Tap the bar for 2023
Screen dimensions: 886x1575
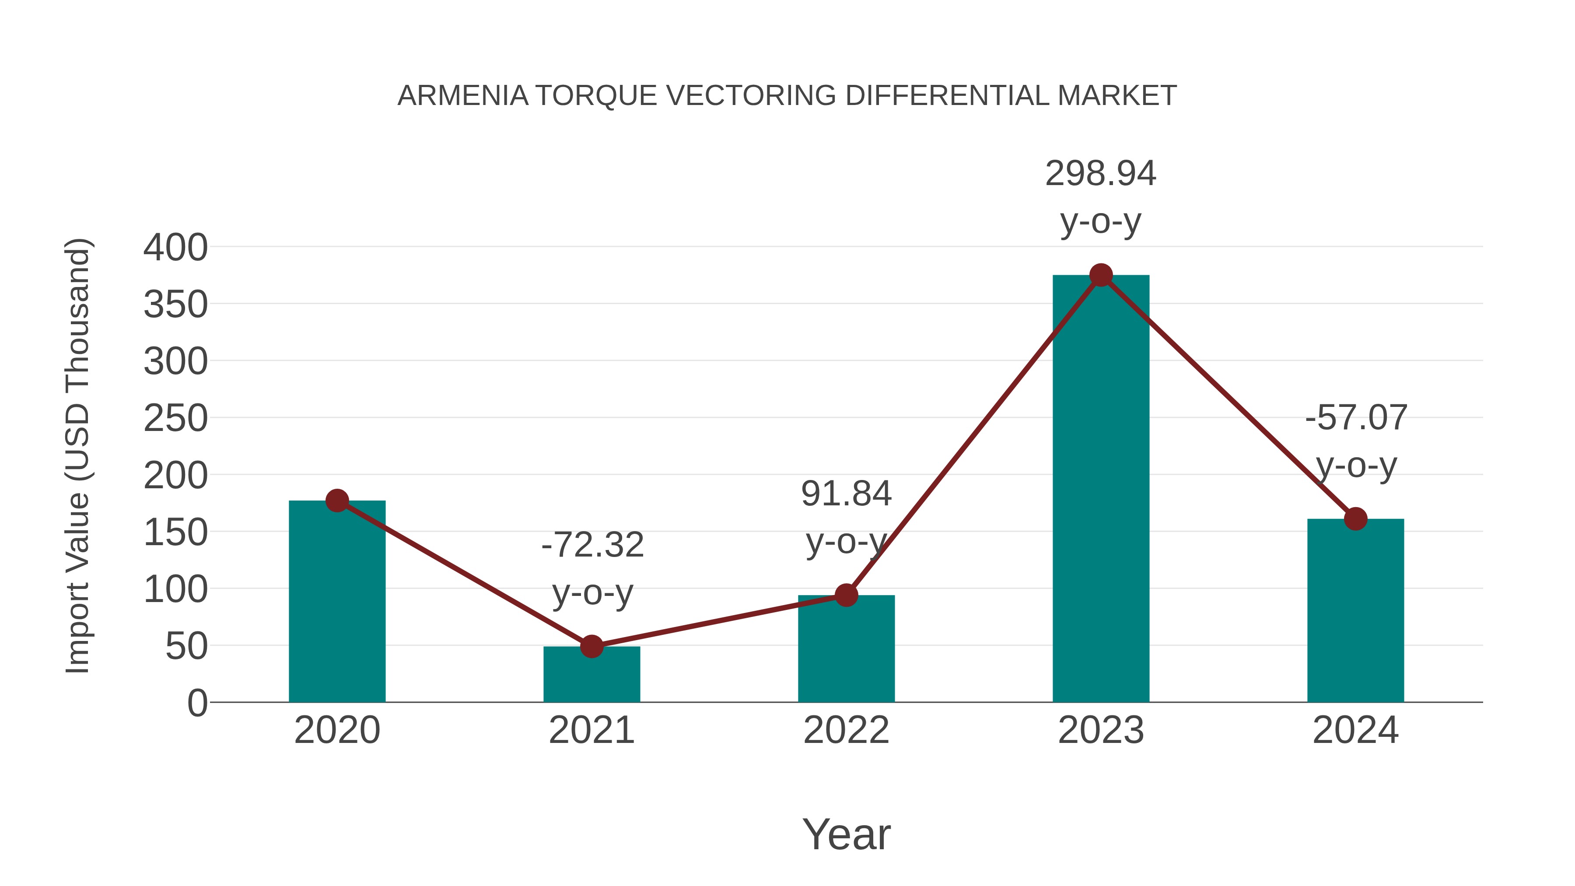tap(1101, 489)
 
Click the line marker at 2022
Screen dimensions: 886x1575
tap(846, 595)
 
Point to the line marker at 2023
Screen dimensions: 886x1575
tap(1101, 275)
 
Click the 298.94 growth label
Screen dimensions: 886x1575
tap(1101, 174)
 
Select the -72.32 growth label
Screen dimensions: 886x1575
tap(592, 545)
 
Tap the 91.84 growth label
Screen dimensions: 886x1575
tap(846, 494)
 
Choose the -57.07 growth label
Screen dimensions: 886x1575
tap(1355, 418)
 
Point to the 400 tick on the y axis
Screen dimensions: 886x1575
tap(175, 248)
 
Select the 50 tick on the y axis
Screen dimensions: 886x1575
tap(186, 646)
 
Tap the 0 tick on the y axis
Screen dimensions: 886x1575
tap(197, 703)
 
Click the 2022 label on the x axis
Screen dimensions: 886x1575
tap(846, 730)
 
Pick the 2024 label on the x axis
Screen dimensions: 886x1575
tap(1355, 730)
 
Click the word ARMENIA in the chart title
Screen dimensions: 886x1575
tap(463, 96)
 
